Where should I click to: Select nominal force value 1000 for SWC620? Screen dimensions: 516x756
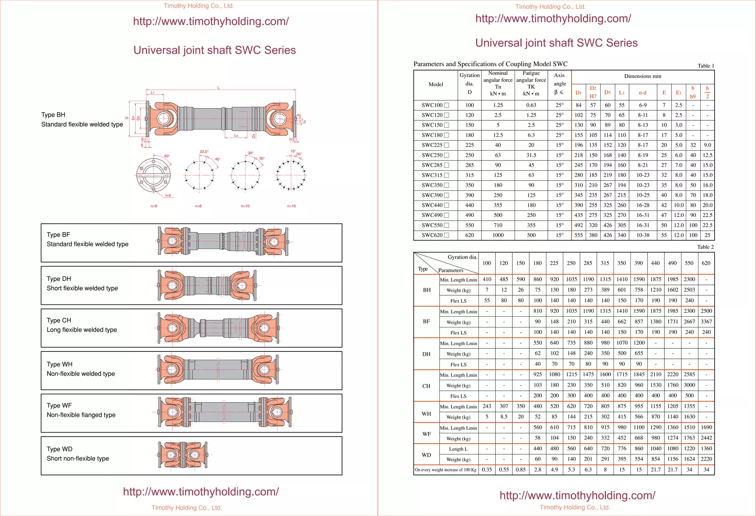[x=498, y=235]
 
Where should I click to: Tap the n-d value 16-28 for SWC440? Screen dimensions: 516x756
[x=643, y=205]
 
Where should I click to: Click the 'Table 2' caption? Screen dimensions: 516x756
[x=705, y=247]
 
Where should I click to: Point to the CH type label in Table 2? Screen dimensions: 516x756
[x=426, y=386]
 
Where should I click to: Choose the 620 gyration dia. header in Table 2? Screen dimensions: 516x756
[x=706, y=263]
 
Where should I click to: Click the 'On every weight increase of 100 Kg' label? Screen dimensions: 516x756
[x=446, y=470]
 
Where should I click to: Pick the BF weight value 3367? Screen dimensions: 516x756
[x=706, y=322]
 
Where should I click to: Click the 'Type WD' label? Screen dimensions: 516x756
[x=59, y=449]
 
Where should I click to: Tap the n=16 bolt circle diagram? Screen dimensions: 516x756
[x=291, y=175]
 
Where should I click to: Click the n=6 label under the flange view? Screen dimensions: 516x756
[x=154, y=206]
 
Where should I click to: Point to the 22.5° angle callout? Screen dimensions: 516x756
[x=204, y=152]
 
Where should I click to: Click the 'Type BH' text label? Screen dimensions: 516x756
[x=53, y=115]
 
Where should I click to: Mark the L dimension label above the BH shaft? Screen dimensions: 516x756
[x=219, y=88]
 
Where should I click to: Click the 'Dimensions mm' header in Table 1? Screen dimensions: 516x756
[x=642, y=76]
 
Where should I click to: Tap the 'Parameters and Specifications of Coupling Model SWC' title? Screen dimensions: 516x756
[x=490, y=64]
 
